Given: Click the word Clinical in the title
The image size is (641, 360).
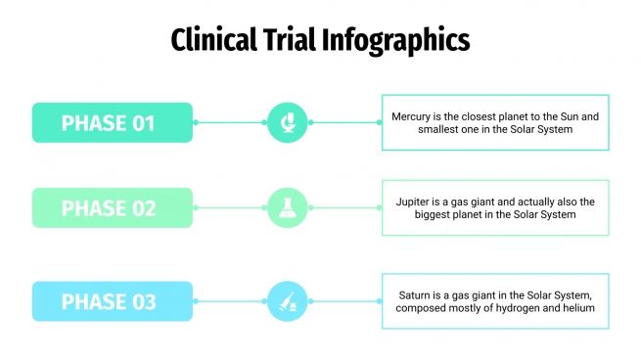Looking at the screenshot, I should (211, 40).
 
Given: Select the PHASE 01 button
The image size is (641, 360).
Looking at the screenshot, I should (112, 122).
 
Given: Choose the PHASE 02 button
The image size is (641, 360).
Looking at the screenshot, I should (112, 207).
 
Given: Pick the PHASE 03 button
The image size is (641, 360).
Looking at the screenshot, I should (112, 301).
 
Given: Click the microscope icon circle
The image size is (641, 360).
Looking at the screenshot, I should (288, 122).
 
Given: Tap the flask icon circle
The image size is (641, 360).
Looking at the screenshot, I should (288, 207).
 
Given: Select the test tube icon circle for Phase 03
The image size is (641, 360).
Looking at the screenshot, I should (288, 301).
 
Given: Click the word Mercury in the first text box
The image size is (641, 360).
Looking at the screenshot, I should (412, 116).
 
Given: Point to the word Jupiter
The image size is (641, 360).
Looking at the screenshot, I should (414, 202).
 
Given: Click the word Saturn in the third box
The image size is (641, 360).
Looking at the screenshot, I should (416, 294).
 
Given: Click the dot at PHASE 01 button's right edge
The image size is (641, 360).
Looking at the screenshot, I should (196, 122).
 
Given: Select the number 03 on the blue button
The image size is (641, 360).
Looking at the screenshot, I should (143, 301).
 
